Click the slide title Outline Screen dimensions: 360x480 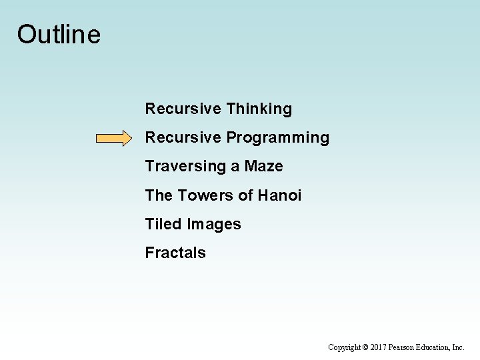(59, 35)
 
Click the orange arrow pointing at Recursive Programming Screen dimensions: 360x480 (114, 138)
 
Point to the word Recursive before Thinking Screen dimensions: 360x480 (183, 109)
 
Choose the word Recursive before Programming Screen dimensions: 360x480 (183, 137)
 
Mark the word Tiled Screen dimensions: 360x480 (163, 224)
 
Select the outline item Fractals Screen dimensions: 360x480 (175, 253)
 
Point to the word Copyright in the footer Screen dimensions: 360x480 (344, 347)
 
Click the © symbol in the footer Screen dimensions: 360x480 (365, 347)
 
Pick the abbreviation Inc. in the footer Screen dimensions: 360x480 (459, 347)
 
